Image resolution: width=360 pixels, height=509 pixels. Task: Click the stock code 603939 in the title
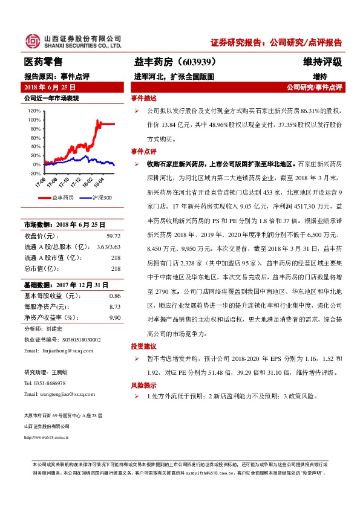pyautogui.click(x=197, y=62)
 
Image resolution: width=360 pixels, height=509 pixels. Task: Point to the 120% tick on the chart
pyautogui.click(x=34, y=111)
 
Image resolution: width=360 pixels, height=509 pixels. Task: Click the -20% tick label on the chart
pyautogui.click(x=34, y=173)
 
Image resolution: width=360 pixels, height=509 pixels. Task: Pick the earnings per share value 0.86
pyautogui.click(x=115, y=296)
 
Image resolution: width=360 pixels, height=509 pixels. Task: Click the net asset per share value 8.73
pyautogui.click(x=115, y=306)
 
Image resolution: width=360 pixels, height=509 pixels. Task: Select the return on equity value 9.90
pyautogui.click(x=115, y=317)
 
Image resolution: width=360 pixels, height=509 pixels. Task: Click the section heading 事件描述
pyautogui.click(x=144, y=99)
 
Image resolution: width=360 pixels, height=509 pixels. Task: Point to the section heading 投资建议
pyautogui.click(x=144, y=346)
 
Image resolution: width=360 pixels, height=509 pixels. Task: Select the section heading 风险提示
pyautogui.click(x=144, y=385)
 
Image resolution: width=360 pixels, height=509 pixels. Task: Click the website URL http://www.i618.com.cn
pyautogui.click(x=46, y=437)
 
